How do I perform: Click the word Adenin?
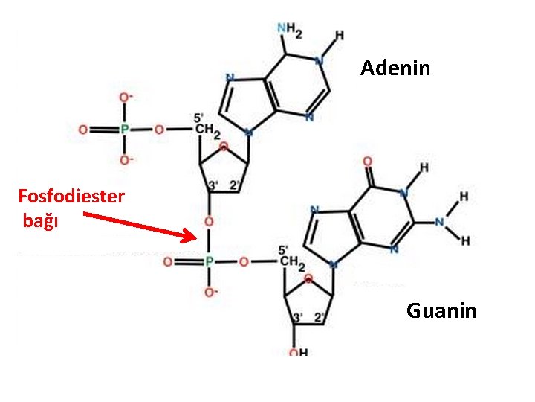395,68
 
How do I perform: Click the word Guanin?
441,310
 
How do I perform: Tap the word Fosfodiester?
71,198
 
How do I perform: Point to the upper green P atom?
125,130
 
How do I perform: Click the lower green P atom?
209,262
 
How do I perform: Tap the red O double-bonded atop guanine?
366,162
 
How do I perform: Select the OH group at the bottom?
299,353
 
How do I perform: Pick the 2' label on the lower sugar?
319,317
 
